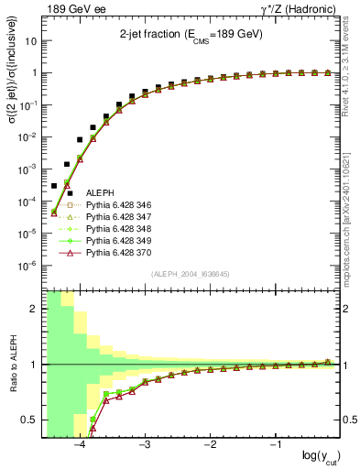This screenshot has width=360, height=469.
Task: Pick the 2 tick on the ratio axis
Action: coord(35,310)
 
